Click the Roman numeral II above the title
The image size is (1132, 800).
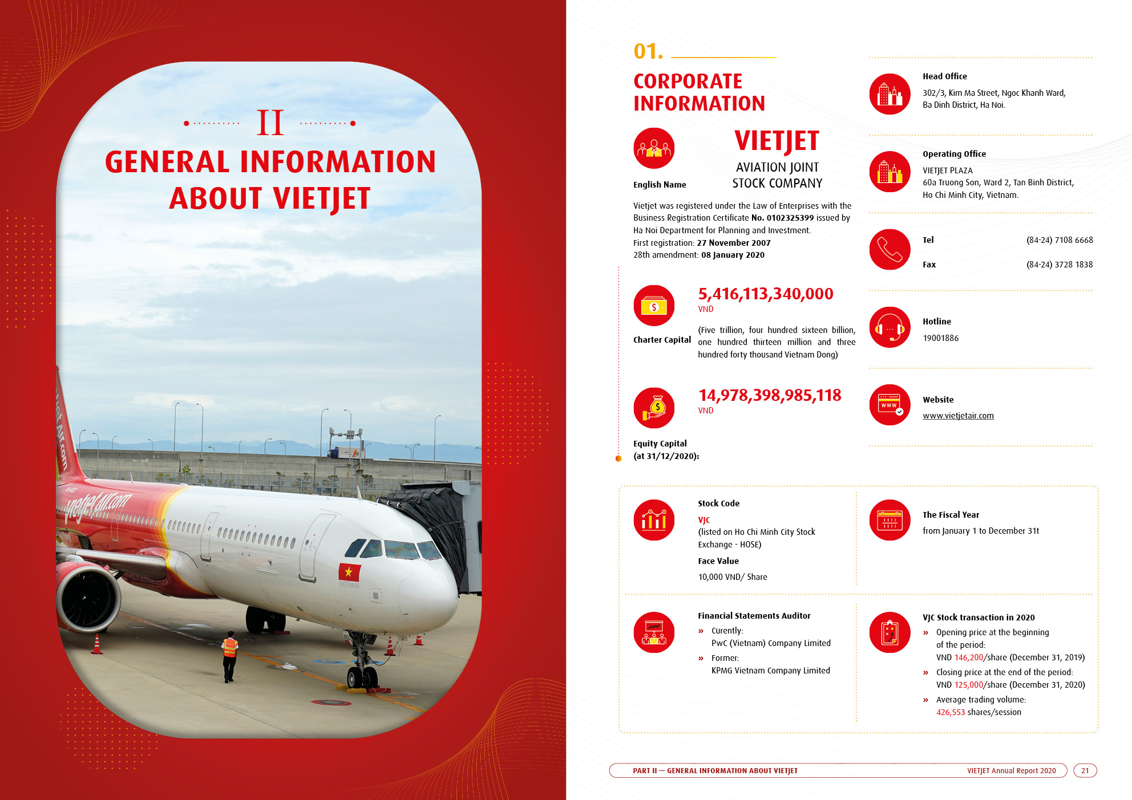coord(270,123)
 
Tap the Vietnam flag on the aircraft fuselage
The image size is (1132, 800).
coord(349,572)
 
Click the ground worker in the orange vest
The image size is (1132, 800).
coord(229,656)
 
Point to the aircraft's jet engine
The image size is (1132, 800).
coord(88,598)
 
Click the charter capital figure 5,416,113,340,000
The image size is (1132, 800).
coord(766,294)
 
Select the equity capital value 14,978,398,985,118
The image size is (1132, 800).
coord(770,396)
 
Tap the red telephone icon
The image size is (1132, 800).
coord(890,250)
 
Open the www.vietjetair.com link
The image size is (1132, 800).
coord(958,416)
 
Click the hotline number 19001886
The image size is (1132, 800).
coord(940,338)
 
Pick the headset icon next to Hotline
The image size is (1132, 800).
coord(890,327)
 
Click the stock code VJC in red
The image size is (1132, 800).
coord(704,520)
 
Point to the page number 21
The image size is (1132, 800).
coord(1085,770)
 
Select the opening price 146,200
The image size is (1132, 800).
coord(968,657)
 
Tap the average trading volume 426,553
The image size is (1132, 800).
coord(950,712)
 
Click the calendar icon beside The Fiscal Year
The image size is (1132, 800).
coord(890,520)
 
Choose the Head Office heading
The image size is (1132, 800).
coord(945,76)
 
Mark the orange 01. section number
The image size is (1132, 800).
coord(648,51)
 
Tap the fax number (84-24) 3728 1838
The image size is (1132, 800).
coord(1060,265)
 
